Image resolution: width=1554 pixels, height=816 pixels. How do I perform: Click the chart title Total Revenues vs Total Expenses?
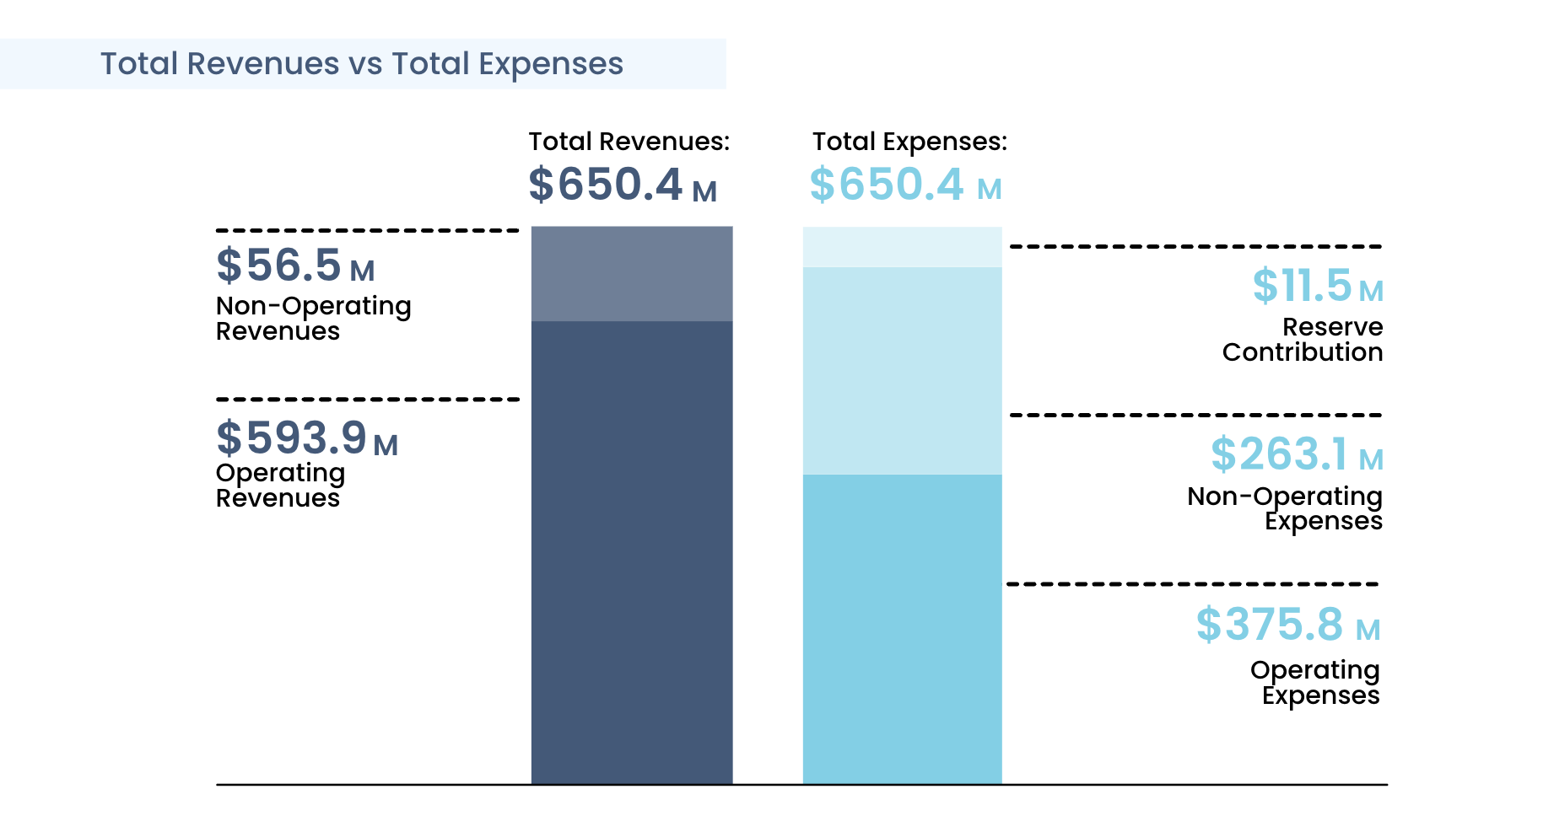(362, 64)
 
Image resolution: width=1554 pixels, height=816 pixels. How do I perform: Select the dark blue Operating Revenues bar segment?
(632, 552)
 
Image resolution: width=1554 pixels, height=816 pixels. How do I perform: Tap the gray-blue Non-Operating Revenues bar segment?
(632, 274)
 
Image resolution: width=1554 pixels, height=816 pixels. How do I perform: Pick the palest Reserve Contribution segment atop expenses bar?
(902, 247)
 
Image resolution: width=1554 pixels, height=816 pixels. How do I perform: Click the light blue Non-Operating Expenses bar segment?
(902, 371)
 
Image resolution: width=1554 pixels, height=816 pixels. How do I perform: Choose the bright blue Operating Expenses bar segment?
(902, 629)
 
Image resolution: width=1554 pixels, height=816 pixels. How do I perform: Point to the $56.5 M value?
(295, 266)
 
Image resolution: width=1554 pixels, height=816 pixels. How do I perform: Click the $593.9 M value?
(307, 439)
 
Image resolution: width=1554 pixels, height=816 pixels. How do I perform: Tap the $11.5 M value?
(1317, 287)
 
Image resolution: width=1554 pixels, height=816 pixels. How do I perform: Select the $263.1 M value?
(1297, 455)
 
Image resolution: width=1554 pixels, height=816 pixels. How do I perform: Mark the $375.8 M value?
(1287, 625)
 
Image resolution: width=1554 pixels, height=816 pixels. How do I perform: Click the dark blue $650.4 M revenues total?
(623, 185)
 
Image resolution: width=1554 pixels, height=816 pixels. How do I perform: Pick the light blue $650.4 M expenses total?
(905, 185)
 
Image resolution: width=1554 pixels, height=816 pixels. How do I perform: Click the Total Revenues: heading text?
(629, 142)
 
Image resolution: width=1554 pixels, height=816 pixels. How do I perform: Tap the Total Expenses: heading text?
(909, 142)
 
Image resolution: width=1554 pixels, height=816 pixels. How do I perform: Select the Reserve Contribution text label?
(1303, 339)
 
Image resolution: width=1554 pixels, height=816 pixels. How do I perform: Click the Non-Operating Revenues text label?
(313, 318)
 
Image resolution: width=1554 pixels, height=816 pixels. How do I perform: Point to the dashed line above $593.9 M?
(368, 400)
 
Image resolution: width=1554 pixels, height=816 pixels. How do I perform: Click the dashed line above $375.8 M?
(1192, 583)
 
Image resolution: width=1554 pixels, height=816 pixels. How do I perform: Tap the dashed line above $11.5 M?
(1195, 247)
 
